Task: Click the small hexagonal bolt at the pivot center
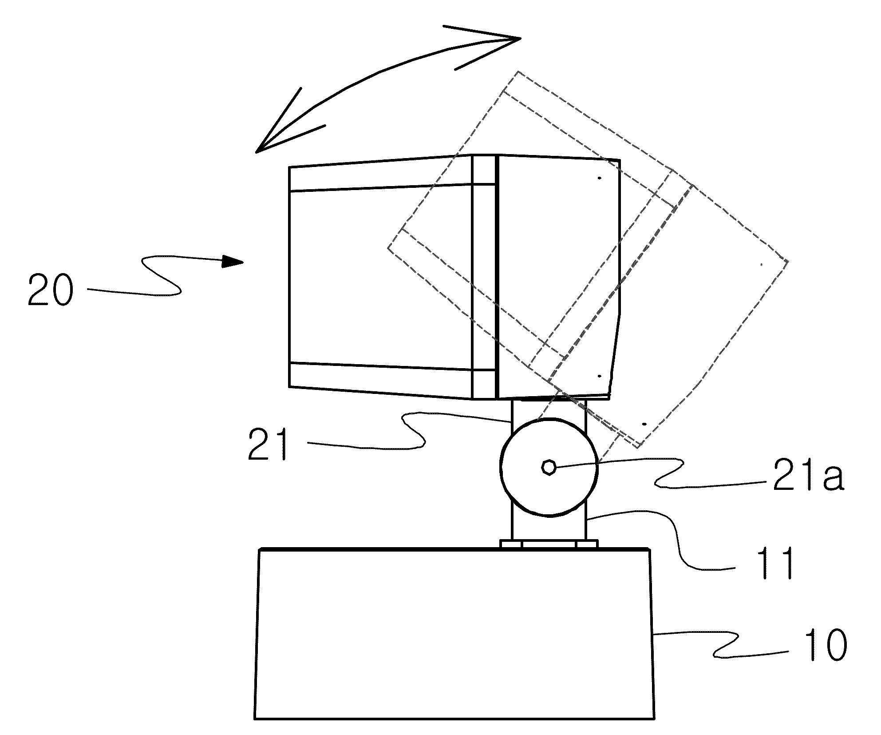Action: tap(549, 467)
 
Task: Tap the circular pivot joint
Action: tap(549, 467)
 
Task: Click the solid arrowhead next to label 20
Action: tap(233, 261)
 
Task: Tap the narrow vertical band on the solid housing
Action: tap(484, 277)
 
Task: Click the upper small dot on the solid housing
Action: tap(599, 178)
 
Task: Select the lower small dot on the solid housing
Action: tap(599, 376)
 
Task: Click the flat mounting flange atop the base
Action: tap(549, 544)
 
